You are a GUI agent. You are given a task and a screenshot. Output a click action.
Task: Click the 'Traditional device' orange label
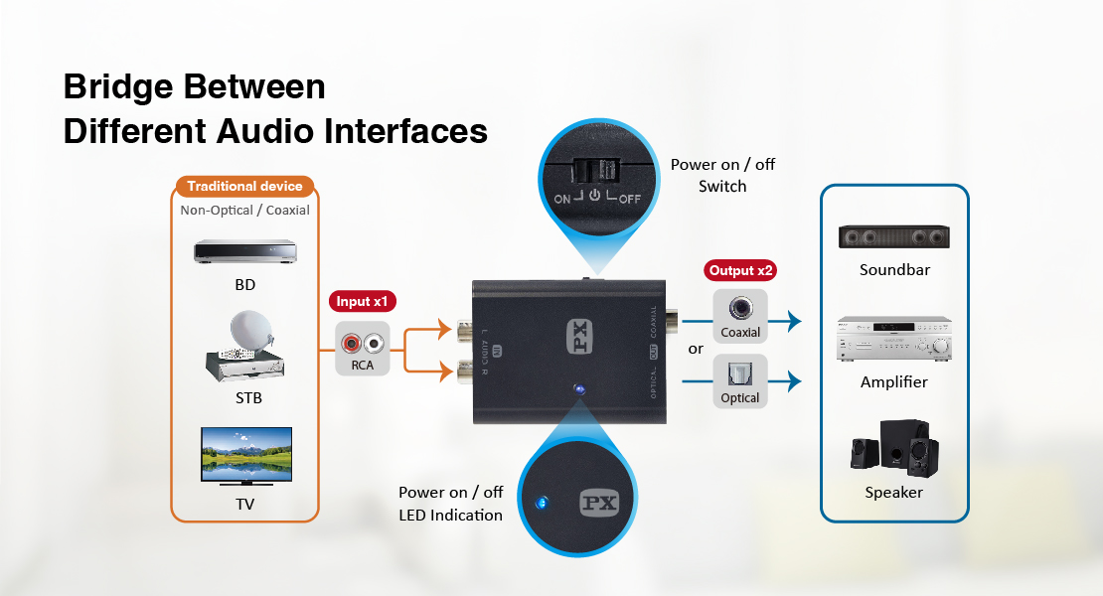(244, 186)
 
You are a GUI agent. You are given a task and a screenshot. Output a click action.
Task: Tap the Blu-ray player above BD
(244, 251)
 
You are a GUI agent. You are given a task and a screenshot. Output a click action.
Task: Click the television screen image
(246, 453)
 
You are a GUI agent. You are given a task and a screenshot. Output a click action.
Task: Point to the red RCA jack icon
(351, 344)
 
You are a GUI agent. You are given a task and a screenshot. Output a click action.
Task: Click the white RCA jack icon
(374, 344)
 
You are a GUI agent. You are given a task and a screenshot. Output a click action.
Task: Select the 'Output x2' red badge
(740, 270)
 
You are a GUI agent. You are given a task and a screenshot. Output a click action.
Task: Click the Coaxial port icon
(740, 308)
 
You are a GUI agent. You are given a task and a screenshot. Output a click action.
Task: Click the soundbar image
(892, 236)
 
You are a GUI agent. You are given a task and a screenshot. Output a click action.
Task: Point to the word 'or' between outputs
(696, 349)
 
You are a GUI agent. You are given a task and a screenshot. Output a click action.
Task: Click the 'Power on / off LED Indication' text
(451, 504)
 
